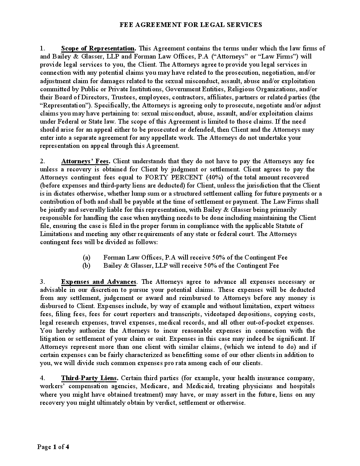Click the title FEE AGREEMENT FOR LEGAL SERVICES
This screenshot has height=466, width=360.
pos(191,25)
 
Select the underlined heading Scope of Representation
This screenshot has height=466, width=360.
pos(98,49)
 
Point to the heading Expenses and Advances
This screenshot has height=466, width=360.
pos(99,282)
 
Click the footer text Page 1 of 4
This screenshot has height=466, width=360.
pos(53,447)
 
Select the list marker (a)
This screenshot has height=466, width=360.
pos(87,258)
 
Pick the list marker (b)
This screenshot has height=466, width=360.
pos(87,266)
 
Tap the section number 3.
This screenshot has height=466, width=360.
pos(42,282)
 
